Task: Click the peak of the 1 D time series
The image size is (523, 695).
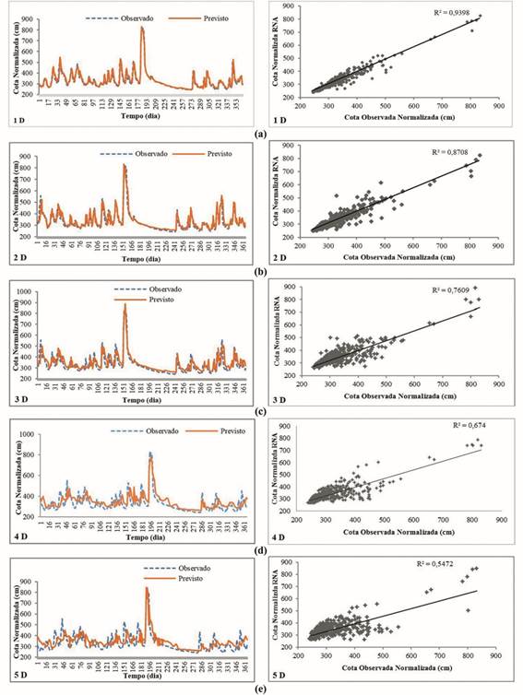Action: pos(142,28)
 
